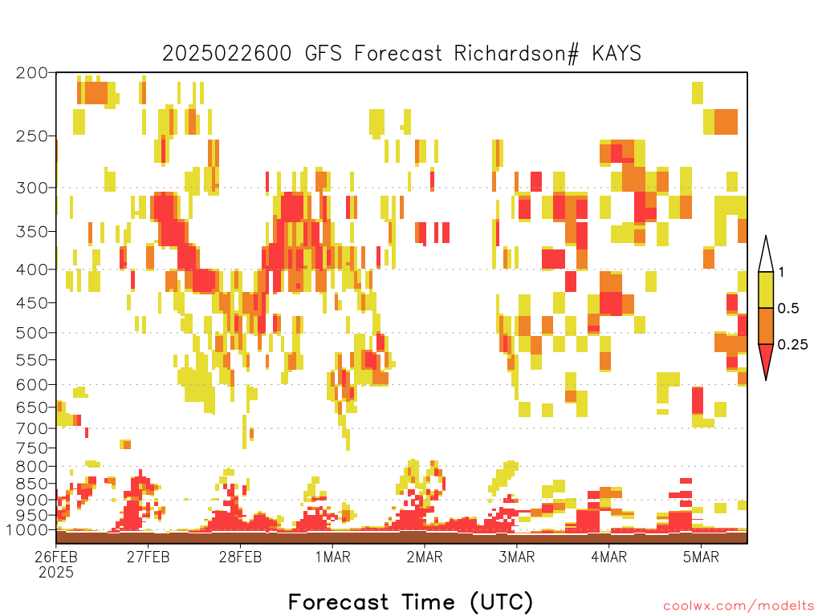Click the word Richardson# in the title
pyautogui.click(x=516, y=54)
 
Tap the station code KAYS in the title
pyautogui.click(x=616, y=54)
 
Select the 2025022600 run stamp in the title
pyautogui.click(x=226, y=54)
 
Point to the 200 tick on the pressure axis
pyautogui.click(x=31, y=73)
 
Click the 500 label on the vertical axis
pyautogui.click(x=31, y=333)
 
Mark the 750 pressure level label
pyautogui.click(x=31, y=448)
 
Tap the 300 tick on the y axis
pyautogui.click(x=31, y=188)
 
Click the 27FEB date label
pyautogui.click(x=148, y=557)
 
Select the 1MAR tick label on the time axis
pyautogui.click(x=332, y=557)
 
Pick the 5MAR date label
pyautogui.click(x=701, y=557)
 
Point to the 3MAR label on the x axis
pyautogui.click(x=516, y=557)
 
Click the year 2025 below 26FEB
pyautogui.click(x=56, y=573)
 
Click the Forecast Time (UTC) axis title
pyautogui.click(x=410, y=602)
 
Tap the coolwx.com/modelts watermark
pyautogui.click(x=739, y=606)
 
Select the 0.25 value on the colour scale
pyautogui.click(x=792, y=345)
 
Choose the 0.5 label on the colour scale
pyautogui.click(x=788, y=309)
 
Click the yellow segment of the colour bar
pyautogui.click(x=766, y=290)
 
